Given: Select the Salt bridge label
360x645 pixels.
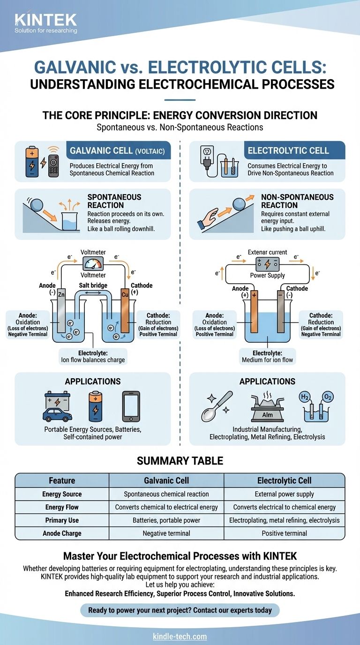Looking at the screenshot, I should coord(92,285).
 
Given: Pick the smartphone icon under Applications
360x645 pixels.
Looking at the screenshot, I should coord(131,406).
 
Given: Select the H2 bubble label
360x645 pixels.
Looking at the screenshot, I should coord(306,398).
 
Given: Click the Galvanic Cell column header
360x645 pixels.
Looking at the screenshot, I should coord(166,480).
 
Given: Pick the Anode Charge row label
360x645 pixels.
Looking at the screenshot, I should coord(62,533).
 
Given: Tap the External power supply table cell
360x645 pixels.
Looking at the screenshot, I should coord(284,494).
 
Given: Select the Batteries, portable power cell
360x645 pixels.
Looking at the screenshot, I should coord(166,520).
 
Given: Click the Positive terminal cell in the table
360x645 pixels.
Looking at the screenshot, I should coord(284,533).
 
